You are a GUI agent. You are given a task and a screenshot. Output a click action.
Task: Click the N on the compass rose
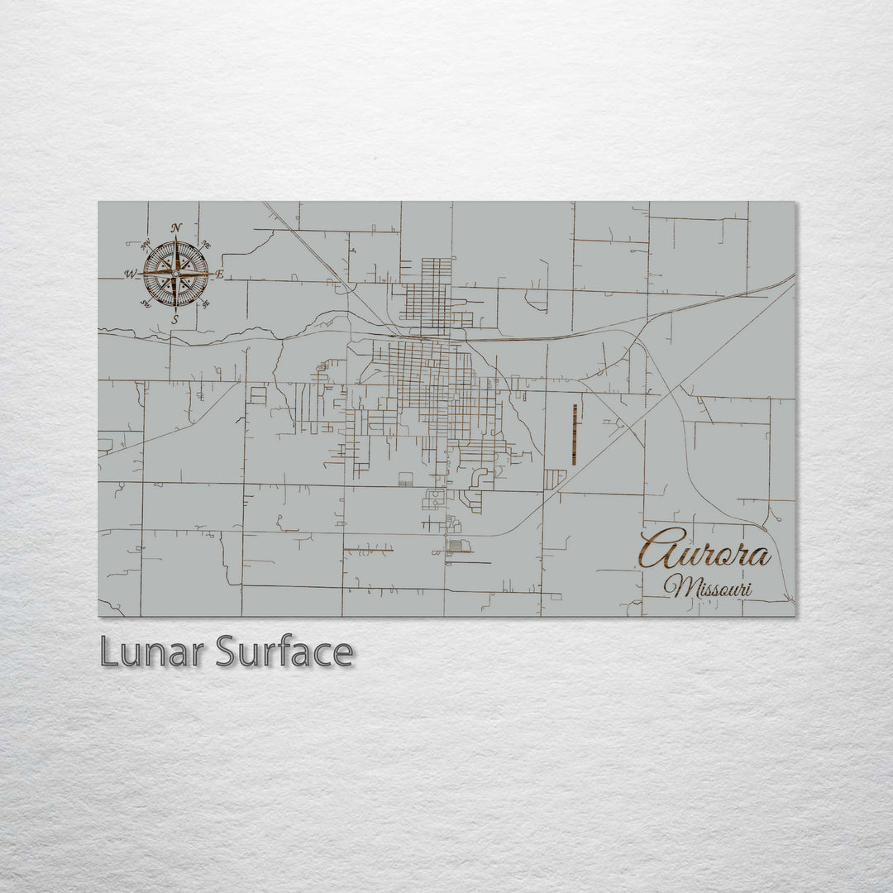(176, 228)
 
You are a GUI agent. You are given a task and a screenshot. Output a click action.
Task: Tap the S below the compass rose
(174, 319)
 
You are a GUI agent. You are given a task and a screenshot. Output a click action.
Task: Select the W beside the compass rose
(131, 275)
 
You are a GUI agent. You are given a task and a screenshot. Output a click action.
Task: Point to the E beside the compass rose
(219, 274)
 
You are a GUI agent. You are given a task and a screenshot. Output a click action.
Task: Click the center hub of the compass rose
(175, 273)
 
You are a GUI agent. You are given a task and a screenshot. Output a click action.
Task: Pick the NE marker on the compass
(206, 246)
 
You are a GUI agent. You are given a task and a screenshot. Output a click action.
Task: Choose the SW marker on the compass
(146, 303)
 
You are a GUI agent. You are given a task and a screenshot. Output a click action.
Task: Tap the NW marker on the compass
(146, 244)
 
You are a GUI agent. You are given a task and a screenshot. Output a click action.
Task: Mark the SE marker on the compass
(205, 303)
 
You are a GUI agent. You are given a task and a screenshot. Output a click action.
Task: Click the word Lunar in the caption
(153, 652)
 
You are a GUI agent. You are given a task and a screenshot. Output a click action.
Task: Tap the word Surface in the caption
(284, 652)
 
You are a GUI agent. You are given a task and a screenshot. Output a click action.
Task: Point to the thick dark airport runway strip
(574, 434)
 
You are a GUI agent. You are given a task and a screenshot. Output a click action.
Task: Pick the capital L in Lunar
(107, 652)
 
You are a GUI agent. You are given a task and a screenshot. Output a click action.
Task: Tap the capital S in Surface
(227, 652)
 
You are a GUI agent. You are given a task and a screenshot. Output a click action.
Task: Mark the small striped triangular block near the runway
(555, 478)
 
